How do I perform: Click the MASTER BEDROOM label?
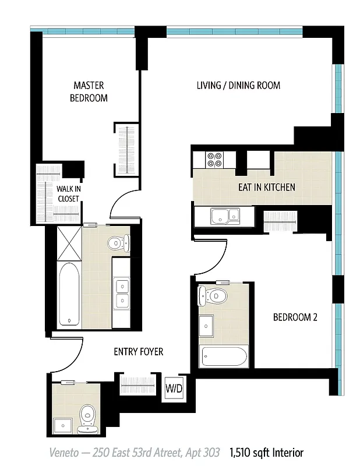(89, 92)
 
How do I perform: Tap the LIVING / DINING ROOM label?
(238, 86)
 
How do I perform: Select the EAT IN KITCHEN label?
(266, 188)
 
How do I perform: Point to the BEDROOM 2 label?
(295, 317)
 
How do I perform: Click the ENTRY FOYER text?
(138, 352)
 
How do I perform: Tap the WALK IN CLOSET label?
(68, 193)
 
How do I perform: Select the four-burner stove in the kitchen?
(214, 160)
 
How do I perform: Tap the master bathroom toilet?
(118, 243)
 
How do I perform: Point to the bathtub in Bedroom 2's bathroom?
(224, 356)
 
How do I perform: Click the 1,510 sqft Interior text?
(266, 452)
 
